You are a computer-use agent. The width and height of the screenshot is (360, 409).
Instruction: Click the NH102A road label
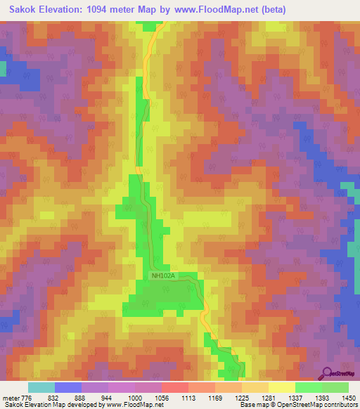click(x=162, y=276)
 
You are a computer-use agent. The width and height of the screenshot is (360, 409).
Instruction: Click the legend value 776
click(x=25, y=397)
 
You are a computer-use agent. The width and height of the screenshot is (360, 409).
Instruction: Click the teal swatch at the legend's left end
click(x=41, y=387)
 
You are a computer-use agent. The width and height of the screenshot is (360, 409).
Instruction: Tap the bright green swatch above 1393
click(x=308, y=387)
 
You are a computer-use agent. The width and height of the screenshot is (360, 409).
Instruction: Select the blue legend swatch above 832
click(x=68, y=387)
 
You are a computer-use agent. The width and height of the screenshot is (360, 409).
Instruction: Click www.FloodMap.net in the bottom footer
click(x=130, y=405)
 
